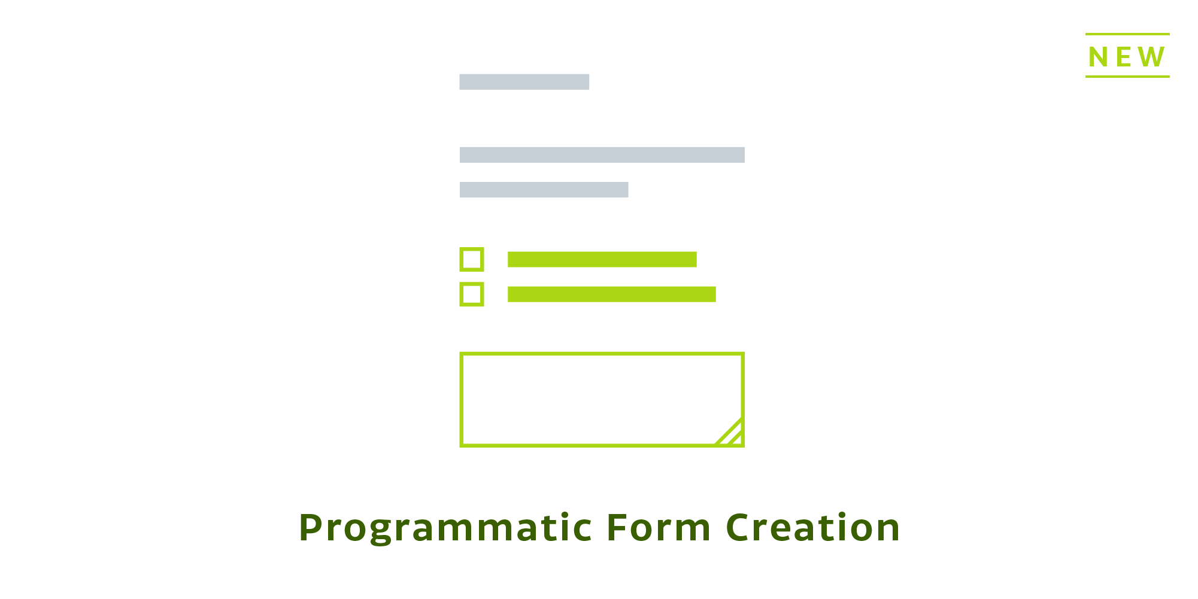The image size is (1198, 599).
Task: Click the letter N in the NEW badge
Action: (x=1099, y=57)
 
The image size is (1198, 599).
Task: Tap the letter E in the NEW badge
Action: (x=1124, y=57)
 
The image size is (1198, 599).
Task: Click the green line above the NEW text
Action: (x=1127, y=34)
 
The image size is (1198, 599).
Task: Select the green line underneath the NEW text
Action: (x=1127, y=77)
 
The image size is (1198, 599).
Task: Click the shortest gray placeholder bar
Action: (x=524, y=82)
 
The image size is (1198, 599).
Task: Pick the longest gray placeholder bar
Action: (x=602, y=155)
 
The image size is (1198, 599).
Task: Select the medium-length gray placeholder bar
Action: (x=544, y=190)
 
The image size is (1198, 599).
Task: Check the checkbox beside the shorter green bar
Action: (x=472, y=260)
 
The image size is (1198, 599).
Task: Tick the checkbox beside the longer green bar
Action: (x=472, y=294)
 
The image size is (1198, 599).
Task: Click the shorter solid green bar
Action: (x=602, y=260)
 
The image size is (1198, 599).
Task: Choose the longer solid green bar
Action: (x=611, y=294)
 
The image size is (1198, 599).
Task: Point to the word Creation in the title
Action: (x=813, y=528)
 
